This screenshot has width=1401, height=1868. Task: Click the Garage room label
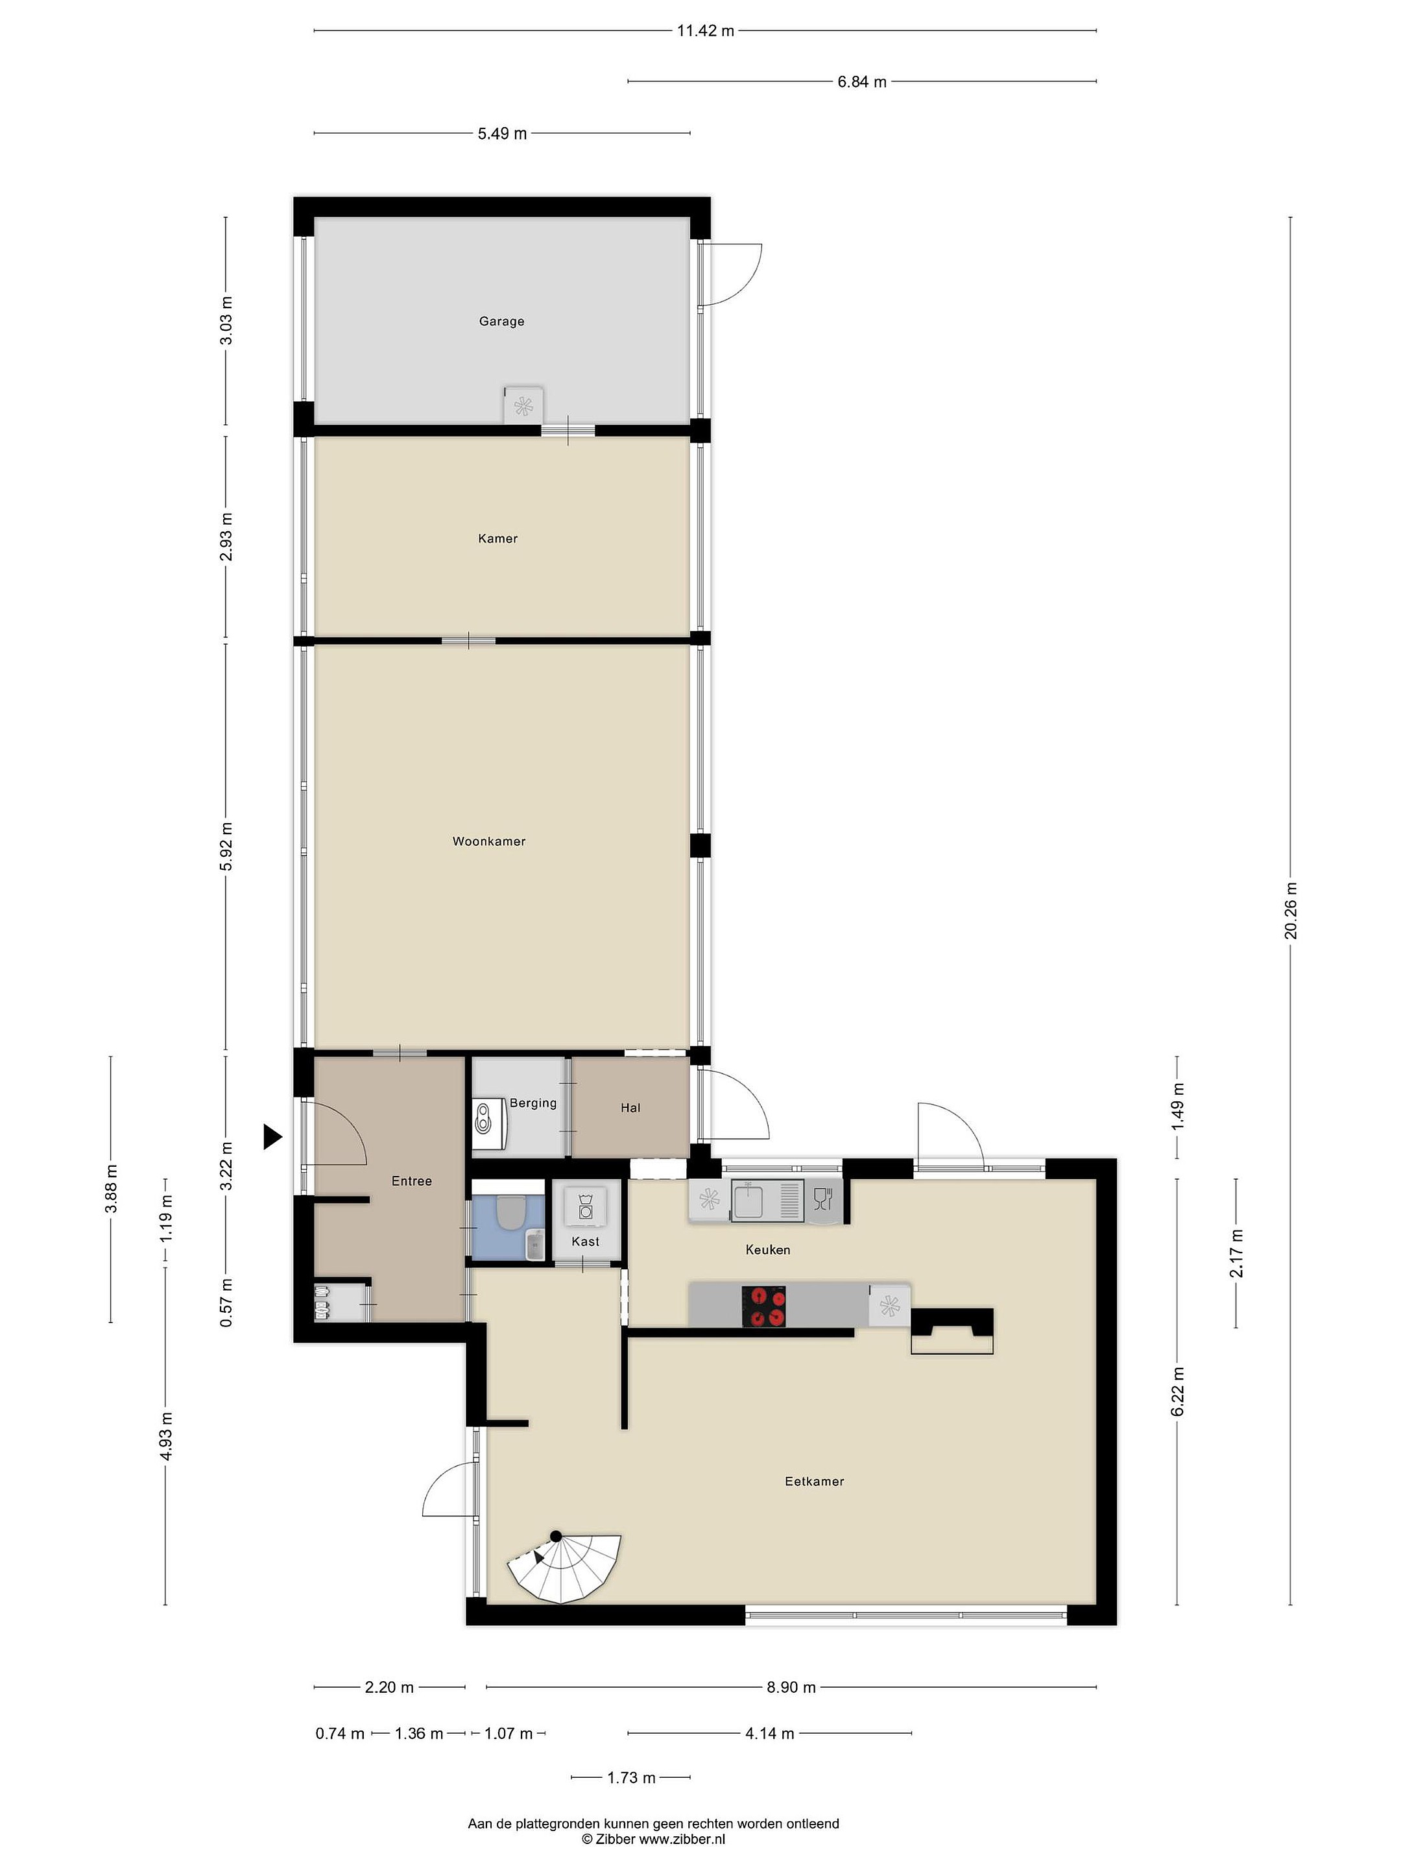(501, 321)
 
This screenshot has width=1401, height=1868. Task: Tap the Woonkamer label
(489, 841)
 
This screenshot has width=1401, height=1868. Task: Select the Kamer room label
(497, 538)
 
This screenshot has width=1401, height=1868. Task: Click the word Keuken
(768, 1249)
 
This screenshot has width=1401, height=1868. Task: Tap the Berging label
(533, 1103)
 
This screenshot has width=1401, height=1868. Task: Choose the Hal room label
(630, 1107)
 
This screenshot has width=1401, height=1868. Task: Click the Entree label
(411, 1180)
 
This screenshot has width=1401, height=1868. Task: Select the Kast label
(585, 1241)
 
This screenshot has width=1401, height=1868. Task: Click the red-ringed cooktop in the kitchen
(763, 1306)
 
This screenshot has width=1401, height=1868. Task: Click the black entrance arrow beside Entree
(272, 1136)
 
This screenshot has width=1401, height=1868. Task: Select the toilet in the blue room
(509, 1211)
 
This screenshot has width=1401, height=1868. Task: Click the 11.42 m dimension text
(705, 31)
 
